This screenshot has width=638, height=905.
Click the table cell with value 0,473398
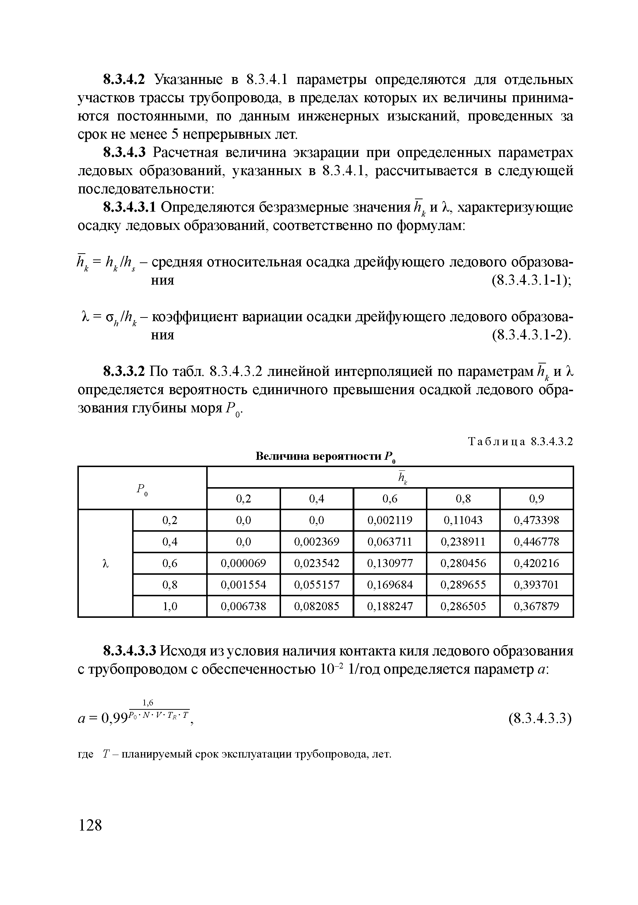point(536,520)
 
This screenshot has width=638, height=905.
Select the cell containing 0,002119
point(389,520)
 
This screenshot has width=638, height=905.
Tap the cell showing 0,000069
point(243,563)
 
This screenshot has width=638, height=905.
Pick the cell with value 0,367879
point(536,606)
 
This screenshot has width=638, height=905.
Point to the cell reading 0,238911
point(463,542)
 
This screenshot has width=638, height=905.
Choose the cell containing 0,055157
point(317,585)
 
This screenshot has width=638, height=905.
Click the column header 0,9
point(536,499)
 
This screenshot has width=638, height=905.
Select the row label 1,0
point(170,606)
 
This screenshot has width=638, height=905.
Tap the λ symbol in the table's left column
point(105,564)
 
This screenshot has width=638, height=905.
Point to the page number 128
point(90,825)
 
